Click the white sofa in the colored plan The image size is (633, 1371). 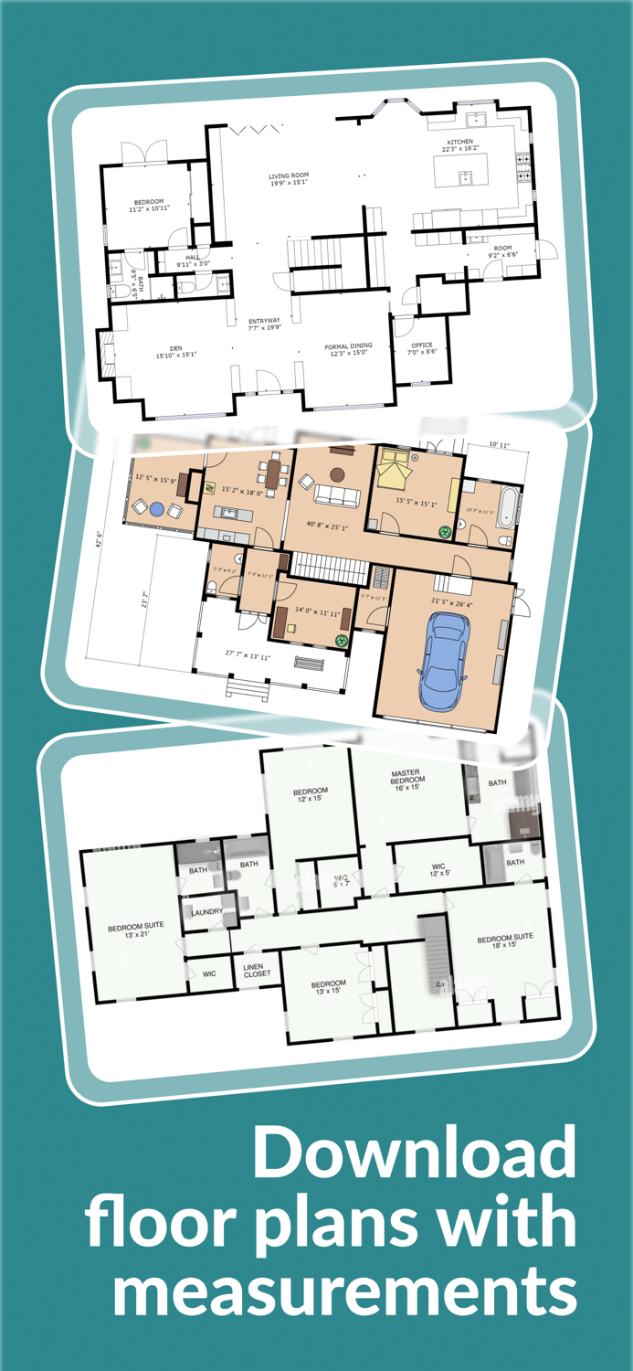coord(337,495)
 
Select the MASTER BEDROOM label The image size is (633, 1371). coord(406,780)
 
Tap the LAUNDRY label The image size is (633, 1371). coord(207,911)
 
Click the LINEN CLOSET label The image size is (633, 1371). coord(257,972)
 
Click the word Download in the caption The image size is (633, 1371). coord(415,1153)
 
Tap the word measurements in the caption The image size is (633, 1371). coord(345,1291)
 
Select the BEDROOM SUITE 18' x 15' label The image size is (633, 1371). coord(505,941)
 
